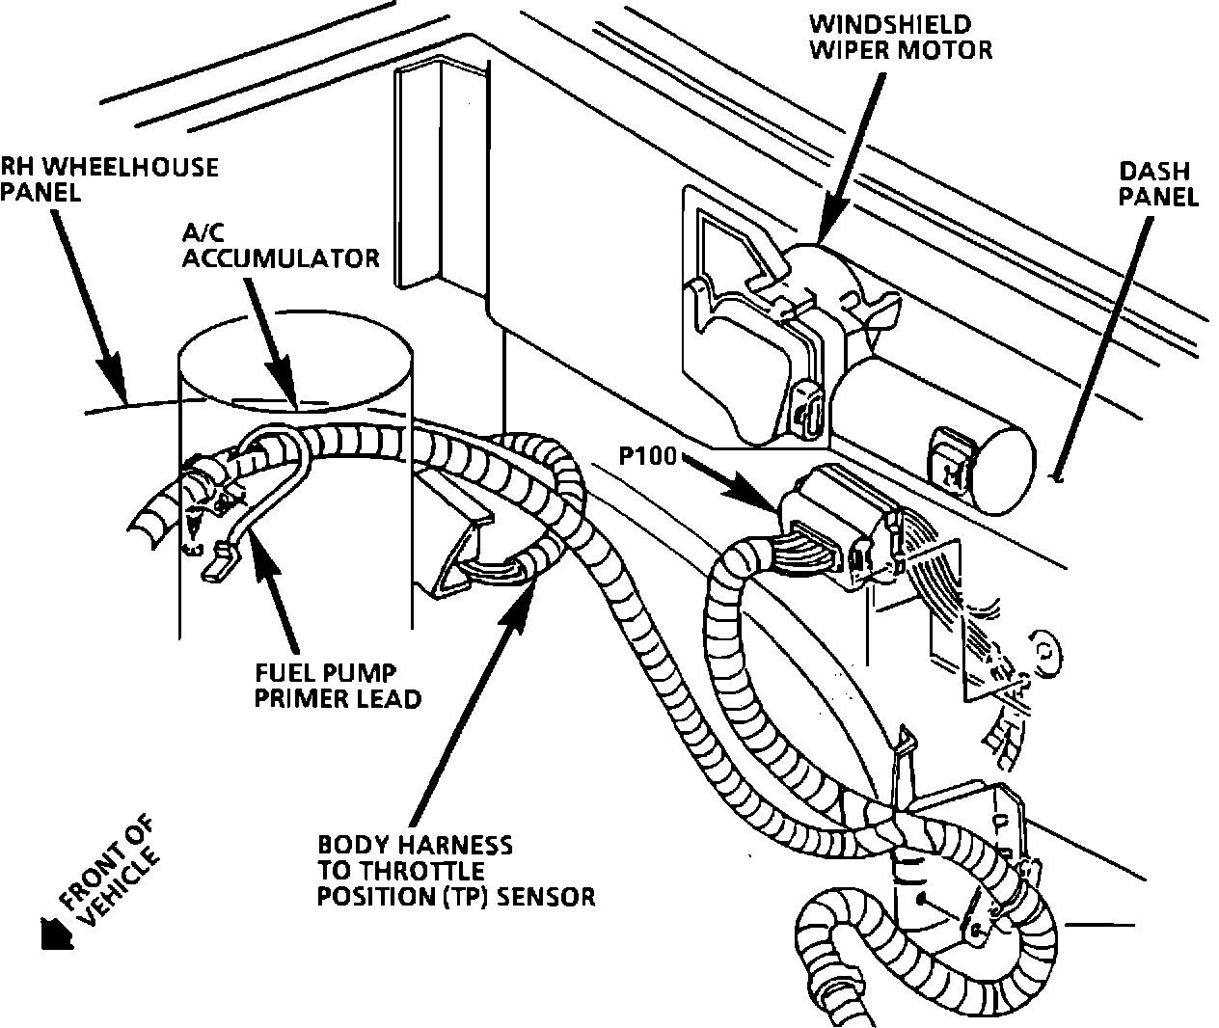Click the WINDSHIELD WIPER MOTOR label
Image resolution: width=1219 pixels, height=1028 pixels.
[900, 37]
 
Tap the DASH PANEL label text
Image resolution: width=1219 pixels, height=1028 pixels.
[1158, 184]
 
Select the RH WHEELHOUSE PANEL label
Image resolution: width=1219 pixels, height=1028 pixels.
[108, 178]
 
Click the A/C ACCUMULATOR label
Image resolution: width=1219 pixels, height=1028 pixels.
[281, 245]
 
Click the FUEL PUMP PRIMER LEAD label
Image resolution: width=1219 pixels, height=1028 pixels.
[338, 685]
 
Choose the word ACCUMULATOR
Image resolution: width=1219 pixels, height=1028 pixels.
[281, 257]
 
